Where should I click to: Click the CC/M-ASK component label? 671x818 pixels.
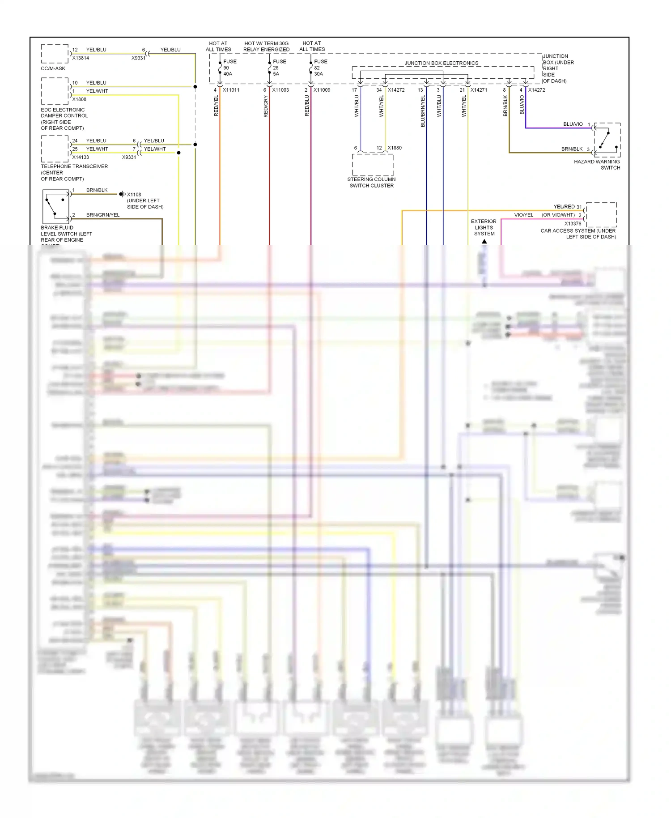53,68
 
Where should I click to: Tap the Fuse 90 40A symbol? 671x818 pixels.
220,68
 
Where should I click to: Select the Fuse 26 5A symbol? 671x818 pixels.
269,68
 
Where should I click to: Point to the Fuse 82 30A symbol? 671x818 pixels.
311,68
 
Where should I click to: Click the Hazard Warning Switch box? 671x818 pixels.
607,140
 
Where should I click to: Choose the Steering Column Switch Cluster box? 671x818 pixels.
373,165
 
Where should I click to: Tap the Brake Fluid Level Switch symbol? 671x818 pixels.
56,206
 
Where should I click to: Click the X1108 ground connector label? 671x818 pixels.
134,195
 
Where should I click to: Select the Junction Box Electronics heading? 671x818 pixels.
442,63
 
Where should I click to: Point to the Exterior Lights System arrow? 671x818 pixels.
484,242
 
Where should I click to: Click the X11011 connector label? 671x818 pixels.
231,90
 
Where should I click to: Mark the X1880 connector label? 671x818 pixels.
395,148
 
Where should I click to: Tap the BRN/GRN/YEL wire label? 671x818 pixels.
103,215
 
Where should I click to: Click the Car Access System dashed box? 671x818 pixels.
601,214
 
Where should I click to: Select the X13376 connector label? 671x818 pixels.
573,223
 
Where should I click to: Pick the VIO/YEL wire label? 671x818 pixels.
523,215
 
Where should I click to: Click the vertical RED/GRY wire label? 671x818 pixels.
266,107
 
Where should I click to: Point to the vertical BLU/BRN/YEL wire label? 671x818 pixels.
423,111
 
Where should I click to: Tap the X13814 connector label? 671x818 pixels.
81,58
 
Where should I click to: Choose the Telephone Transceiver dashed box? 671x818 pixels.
55,149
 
